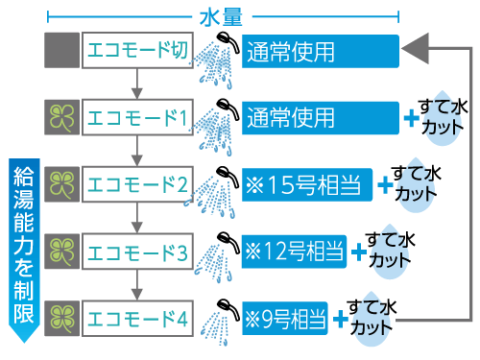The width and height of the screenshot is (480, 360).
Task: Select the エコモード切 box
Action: pos(137,50)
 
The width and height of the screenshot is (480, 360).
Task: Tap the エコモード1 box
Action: pos(137,118)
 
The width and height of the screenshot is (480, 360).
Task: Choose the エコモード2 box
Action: pos(137,182)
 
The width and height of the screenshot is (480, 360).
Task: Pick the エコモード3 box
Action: pos(137,252)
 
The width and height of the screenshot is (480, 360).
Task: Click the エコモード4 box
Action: pos(137,316)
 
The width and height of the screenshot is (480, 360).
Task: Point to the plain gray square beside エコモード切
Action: pos(61,50)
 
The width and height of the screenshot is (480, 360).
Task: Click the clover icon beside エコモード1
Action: pos(61,118)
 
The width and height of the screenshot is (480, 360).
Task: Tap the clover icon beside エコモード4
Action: pos(61,316)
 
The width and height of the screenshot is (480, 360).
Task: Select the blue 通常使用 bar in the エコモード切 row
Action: pos(317,50)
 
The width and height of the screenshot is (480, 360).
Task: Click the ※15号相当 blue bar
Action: pos(305,182)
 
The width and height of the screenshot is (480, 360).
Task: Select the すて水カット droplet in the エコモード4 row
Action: pos(371,320)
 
